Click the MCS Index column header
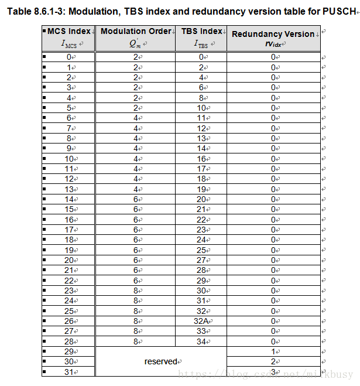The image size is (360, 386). [68, 37]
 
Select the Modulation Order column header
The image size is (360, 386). [135, 37]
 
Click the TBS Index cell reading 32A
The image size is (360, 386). [201, 320]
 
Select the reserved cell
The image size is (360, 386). [161, 361]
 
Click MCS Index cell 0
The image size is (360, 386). [68, 57]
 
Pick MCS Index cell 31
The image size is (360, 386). [68, 371]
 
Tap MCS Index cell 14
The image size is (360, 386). [68, 199]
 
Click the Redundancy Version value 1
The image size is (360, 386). [273, 351]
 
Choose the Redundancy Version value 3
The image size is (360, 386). [273, 371]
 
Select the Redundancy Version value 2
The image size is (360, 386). [273, 361]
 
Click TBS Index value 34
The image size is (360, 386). [201, 341]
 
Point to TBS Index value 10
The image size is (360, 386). [201, 108]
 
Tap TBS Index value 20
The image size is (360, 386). [201, 199]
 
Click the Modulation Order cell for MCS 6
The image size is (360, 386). [135, 118]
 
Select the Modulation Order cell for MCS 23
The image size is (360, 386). [135, 290]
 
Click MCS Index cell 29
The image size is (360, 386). [68, 351]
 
